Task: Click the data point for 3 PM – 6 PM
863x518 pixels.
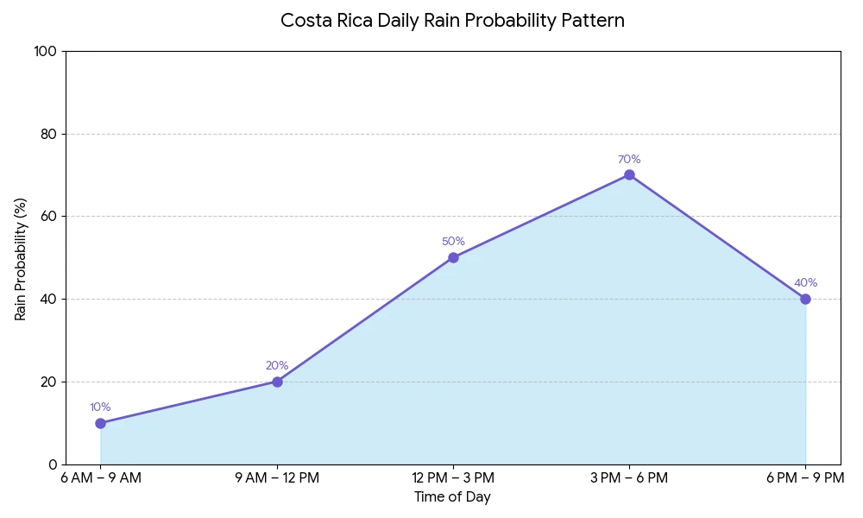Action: point(629,175)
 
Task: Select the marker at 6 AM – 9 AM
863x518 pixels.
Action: point(101,423)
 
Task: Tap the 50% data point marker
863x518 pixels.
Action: point(453,257)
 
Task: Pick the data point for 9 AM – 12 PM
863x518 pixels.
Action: point(277,382)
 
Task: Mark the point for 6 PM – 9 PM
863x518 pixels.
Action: point(805,299)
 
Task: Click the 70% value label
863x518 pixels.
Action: point(629,160)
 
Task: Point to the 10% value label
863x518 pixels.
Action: point(101,407)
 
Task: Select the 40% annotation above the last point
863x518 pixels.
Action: point(805,283)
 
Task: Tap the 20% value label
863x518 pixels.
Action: point(277,366)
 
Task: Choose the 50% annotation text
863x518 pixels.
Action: point(453,242)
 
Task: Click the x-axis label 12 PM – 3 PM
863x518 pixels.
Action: point(453,478)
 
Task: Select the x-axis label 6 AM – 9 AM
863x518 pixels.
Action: point(101,478)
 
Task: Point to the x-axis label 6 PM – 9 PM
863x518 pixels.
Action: point(805,478)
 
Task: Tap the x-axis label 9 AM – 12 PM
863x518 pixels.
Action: point(277,478)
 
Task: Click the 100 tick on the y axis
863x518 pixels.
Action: point(45,52)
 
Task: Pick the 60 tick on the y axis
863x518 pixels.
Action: point(48,217)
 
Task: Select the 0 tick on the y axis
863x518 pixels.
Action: point(53,464)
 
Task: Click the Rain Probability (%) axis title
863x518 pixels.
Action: point(22,258)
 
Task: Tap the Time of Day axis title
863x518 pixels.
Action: point(452,497)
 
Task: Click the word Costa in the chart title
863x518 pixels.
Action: point(302,21)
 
